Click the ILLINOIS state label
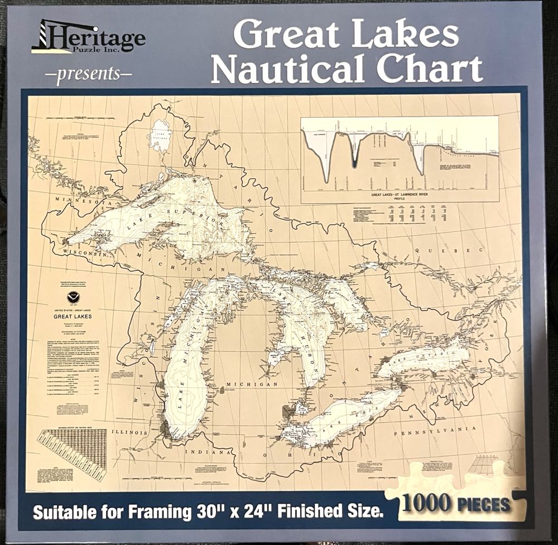point(129,432)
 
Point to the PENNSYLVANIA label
point(428,432)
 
